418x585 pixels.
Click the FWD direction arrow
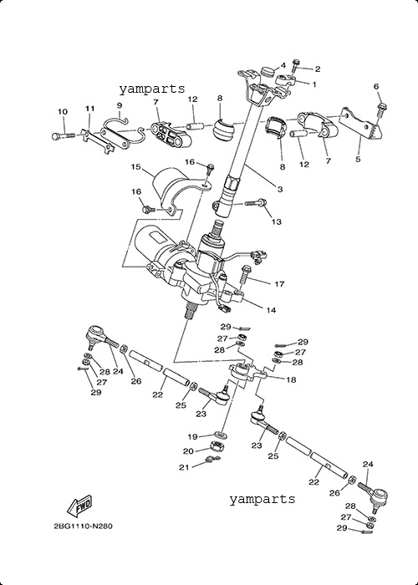pyautogui.click(x=79, y=506)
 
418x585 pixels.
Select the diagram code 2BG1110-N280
pyautogui.click(x=83, y=526)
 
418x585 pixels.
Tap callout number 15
pyautogui.click(x=135, y=166)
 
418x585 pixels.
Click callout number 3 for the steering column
pyautogui.click(x=280, y=189)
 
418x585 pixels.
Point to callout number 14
pyautogui.click(x=272, y=310)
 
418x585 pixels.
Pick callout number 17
pyautogui.click(x=279, y=284)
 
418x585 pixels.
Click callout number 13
pyautogui.click(x=276, y=222)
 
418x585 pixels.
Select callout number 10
pyautogui.click(x=63, y=111)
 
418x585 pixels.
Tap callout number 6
pyautogui.click(x=376, y=87)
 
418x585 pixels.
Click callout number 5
pyautogui.click(x=358, y=160)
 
